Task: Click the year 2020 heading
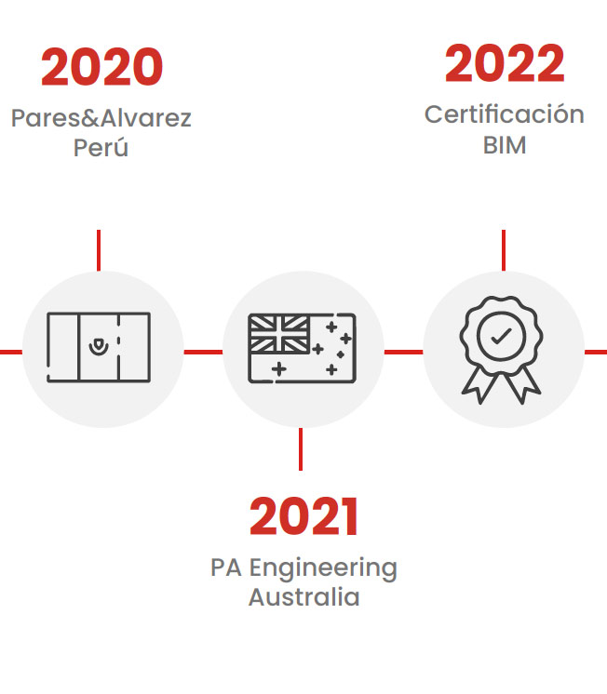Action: [x=101, y=67]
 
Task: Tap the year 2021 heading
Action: [x=303, y=516]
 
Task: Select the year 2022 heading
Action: [x=505, y=63]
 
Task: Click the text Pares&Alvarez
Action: [x=101, y=118]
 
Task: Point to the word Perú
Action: [x=101, y=148]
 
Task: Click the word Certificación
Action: [x=505, y=114]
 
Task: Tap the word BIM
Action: [x=505, y=145]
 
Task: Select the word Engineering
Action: [x=323, y=568]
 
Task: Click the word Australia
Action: [x=303, y=597]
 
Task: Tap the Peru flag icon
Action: [x=99, y=347]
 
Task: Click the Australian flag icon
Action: [x=303, y=348]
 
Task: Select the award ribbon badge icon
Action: [x=501, y=350]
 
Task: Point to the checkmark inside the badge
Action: [x=502, y=337]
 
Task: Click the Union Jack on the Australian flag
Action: [x=278, y=334]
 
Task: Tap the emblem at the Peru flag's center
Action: [x=99, y=347]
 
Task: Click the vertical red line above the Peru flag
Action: [x=99, y=250]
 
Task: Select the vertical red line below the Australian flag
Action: [x=301, y=448]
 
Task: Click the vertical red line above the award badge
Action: [x=504, y=250]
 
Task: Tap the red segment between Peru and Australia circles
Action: [x=203, y=353]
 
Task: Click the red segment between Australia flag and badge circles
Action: [x=404, y=353]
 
